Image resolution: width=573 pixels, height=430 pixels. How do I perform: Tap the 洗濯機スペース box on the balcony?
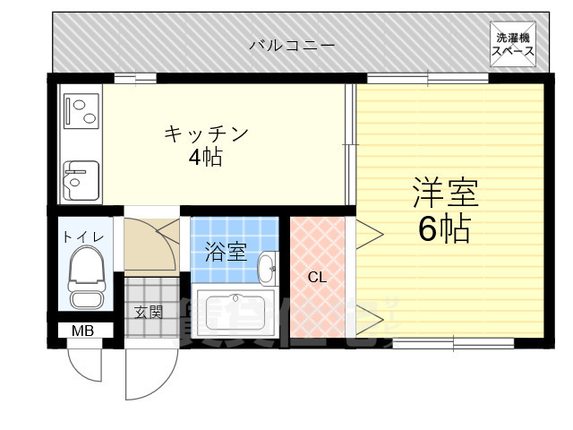coord(513,44)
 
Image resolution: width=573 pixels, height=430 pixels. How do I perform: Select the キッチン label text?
coord(205,134)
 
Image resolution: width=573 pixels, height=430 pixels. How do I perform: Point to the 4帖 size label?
coord(205,159)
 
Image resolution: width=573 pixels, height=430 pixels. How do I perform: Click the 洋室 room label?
coord(445,193)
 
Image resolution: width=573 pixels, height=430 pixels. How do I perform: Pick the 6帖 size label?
coord(444,230)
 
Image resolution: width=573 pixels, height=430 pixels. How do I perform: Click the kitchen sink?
coord(81,176)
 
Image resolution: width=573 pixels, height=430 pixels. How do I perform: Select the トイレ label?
coord(84,236)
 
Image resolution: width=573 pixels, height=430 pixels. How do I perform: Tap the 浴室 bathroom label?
coord(225,253)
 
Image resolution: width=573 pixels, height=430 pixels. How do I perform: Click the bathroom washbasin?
coord(267,266)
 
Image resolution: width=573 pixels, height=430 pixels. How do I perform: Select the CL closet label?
coord(317,277)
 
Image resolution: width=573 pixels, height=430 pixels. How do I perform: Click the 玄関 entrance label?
coord(149,312)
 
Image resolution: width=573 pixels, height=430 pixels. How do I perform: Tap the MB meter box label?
coord(82,331)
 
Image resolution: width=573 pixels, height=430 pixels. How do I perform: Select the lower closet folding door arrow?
coord(370,316)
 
